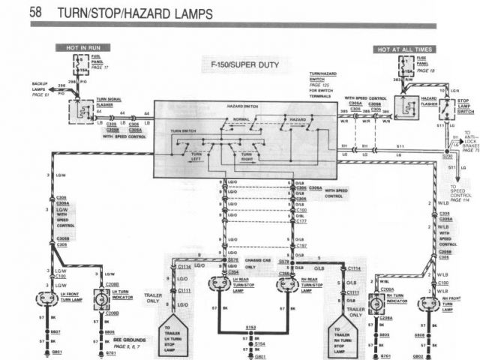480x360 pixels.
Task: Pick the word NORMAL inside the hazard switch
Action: pyautogui.click(x=242, y=120)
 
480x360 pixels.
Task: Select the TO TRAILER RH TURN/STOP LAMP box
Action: pyautogui.click(x=346, y=339)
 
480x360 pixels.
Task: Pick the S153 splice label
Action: pyautogui.click(x=253, y=328)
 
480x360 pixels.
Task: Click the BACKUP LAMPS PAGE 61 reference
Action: pyautogui.click(x=40, y=88)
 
